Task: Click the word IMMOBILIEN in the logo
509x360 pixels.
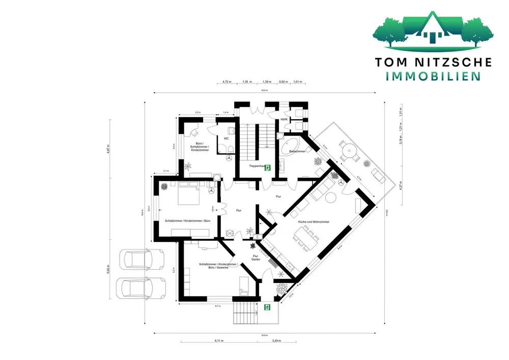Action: [433, 76]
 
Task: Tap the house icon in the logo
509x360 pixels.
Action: [433, 31]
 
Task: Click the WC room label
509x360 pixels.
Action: [226, 138]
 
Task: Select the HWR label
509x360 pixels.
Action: [284, 119]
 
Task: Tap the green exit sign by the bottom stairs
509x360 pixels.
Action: [267, 307]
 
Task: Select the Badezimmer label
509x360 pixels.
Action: [297, 152]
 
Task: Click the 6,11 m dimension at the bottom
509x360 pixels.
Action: [219, 340]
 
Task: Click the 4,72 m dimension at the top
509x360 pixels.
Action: [227, 81]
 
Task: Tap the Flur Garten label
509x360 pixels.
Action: [256, 258]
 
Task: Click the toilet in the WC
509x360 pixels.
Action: [230, 149]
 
